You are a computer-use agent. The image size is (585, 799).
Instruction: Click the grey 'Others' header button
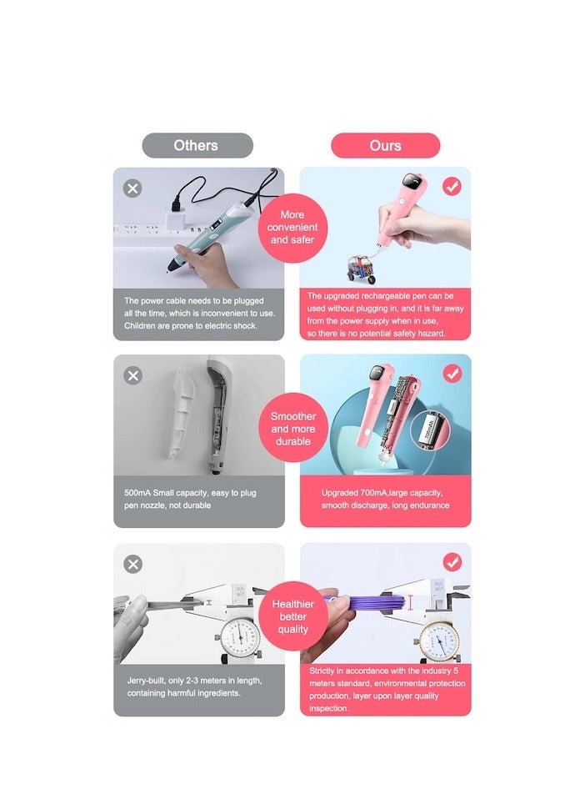(x=197, y=145)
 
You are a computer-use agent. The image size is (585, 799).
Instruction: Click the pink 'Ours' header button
(x=385, y=145)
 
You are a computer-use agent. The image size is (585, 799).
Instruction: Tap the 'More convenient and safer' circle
(x=292, y=227)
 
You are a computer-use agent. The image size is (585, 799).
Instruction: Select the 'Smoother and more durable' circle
(x=292, y=428)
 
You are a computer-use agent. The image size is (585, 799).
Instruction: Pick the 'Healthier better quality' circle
(x=292, y=618)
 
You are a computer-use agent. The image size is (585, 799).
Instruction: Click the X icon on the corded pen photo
(x=132, y=188)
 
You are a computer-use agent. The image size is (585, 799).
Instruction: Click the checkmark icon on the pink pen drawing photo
(x=452, y=187)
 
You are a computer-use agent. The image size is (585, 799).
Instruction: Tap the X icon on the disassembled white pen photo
(x=132, y=375)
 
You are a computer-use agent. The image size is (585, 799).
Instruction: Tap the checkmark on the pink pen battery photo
(x=452, y=374)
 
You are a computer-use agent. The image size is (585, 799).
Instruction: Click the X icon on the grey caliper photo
(x=132, y=565)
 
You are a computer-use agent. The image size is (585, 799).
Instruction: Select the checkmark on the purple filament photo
(x=452, y=562)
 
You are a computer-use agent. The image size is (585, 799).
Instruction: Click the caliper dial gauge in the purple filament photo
(x=439, y=641)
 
